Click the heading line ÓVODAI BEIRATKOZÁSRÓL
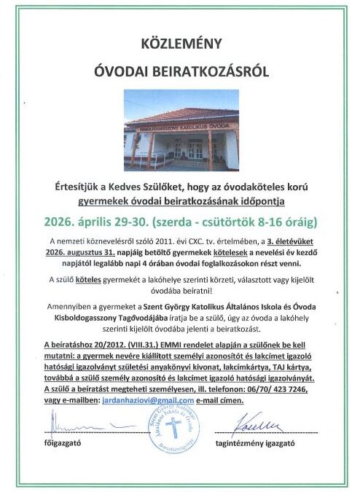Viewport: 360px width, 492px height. point(179,73)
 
